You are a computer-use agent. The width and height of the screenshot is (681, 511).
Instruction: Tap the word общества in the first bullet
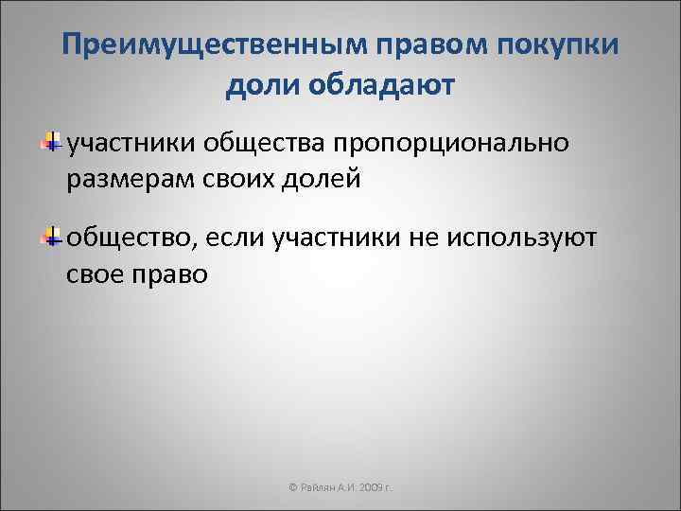tap(265, 144)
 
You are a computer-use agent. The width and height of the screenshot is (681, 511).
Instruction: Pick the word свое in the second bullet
tap(97, 273)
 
